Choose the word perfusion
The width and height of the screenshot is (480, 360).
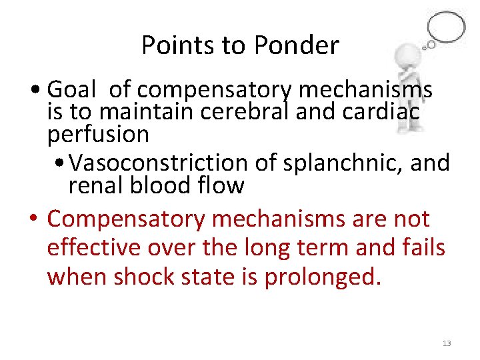pyautogui.click(x=98, y=135)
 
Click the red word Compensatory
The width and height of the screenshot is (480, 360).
pyautogui.click(x=132, y=218)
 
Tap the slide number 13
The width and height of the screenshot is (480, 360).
pyautogui.click(x=446, y=343)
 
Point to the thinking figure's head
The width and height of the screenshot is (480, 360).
pyautogui.click(x=407, y=57)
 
